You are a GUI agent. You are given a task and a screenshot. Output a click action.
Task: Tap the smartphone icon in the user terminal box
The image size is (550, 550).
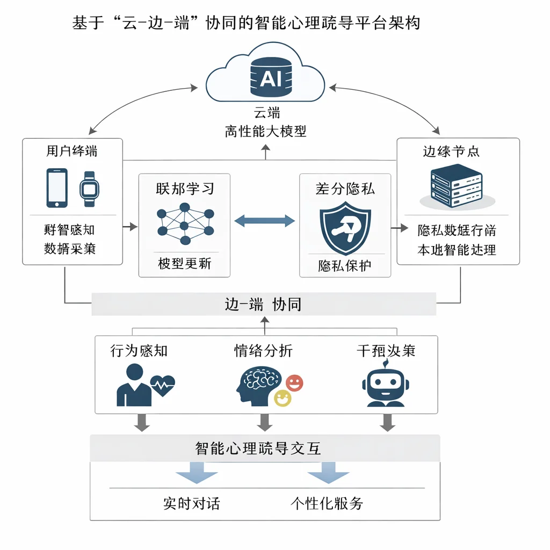pos(57,188)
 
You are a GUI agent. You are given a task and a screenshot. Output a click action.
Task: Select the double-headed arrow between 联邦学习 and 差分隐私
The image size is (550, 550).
pos(265,220)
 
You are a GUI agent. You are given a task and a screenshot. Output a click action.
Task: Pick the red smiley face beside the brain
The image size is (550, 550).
pos(294,383)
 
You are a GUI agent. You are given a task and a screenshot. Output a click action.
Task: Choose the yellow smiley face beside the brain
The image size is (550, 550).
pos(283,398)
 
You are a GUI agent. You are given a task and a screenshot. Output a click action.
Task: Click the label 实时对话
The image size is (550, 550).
pos(191,503)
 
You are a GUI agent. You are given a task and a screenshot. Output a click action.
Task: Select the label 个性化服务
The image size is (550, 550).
pos(327,503)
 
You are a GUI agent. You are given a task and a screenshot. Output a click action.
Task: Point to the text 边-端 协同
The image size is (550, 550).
pos(263,305)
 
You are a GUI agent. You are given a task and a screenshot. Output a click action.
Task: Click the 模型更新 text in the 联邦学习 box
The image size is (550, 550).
pos(184,264)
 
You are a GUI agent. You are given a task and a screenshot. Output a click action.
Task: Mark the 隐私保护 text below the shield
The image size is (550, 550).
pos(344,265)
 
